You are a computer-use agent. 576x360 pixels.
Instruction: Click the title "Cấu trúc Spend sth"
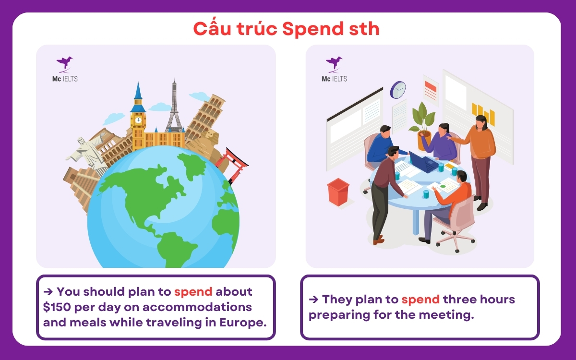[287, 29]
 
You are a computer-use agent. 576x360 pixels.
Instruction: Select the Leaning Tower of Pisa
[205, 118]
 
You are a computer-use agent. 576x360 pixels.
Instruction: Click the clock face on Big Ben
[138, 120]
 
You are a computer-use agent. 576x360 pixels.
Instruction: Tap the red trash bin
[338, 192]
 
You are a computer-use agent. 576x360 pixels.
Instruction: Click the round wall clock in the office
[398, 89]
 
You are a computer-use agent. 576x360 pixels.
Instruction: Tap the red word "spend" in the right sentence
[420, 300]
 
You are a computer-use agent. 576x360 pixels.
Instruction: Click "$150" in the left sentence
[58, 307]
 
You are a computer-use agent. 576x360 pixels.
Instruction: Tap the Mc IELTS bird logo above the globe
[65, 63]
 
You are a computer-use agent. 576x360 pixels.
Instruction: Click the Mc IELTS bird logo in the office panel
[334, 63]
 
